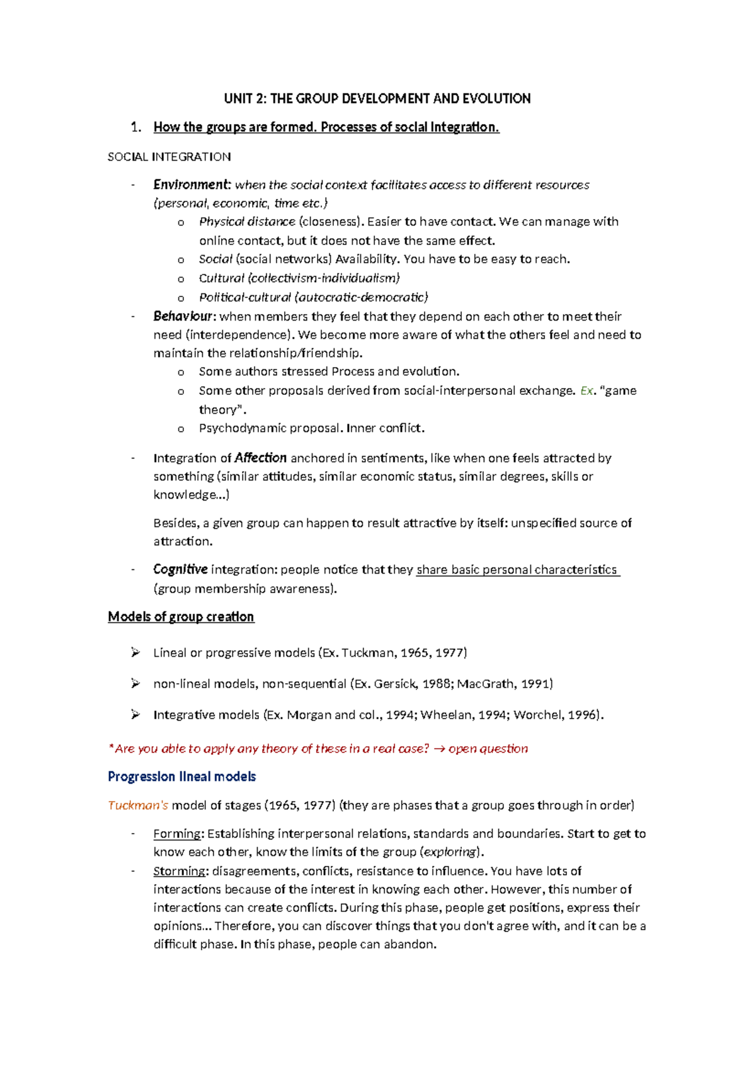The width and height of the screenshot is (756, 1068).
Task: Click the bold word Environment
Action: coord(192,185)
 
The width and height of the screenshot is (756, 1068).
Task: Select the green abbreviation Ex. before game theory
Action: coord(587,390)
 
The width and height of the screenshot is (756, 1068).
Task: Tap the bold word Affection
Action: coord(260,458)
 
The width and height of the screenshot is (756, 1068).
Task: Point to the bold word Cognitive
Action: coord(180,569)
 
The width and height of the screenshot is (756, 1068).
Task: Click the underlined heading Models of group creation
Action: coord(181,616)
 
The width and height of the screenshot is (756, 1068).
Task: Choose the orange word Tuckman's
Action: coord(138,805)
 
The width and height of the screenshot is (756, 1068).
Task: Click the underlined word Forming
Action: coord(177,833)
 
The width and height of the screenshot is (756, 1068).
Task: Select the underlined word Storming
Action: coord(180,871)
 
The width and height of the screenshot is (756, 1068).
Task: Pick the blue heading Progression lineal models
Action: coord(181,776)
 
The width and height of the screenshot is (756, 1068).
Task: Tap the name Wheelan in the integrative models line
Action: coord(445,715)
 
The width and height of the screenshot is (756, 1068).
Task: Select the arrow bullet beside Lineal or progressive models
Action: coord(135,652)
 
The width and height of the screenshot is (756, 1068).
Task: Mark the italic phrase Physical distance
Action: coord(247,222)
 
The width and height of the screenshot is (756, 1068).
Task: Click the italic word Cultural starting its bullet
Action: coord(221,278)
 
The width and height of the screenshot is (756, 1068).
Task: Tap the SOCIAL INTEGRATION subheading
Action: coord(169,157)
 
